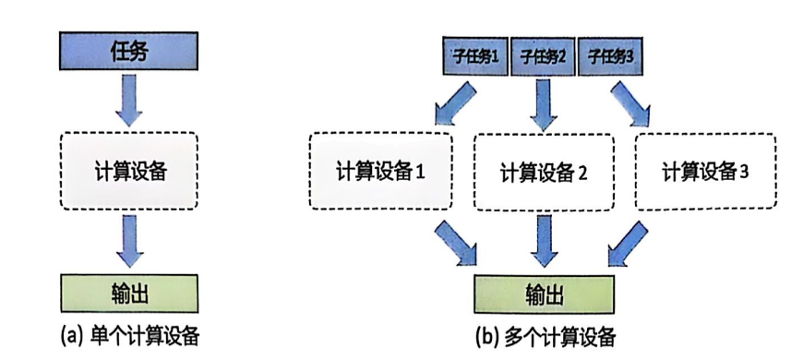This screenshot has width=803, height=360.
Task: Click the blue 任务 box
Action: (128, 51)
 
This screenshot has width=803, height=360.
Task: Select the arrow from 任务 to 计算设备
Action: (129, 100)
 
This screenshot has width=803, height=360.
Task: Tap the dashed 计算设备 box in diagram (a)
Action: (129, 171)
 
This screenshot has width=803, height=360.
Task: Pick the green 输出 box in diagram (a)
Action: (129, 293)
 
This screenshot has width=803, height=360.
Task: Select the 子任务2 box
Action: (542, 57)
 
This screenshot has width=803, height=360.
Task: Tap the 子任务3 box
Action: (610, 57)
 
